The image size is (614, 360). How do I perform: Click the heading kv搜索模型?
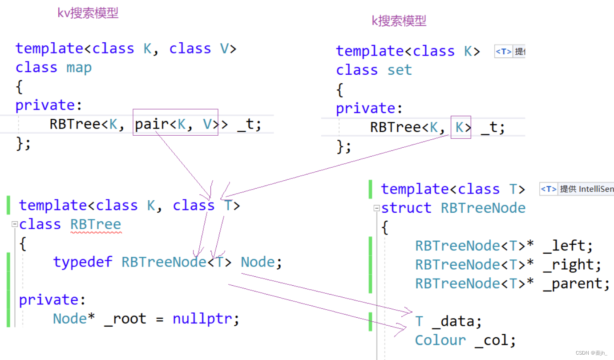click(x=88, y=13)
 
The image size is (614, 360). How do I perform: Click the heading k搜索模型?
click(x=399, y=21)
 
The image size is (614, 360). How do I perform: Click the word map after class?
click(x=79, y=68)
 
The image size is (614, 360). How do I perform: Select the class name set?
click(x=400, y=70)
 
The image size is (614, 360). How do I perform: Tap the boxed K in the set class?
click(x=460, y=128)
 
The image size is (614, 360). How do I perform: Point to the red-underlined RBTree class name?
click(x=96, y=224)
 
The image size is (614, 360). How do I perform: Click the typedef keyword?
click(x=83, y=262)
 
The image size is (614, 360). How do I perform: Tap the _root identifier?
click(x=125, y=319)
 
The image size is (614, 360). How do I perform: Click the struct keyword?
click(x=406, y=208)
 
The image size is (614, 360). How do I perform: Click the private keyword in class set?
click(x=365, y=109)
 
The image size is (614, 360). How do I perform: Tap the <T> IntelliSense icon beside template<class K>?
click(x=504, y=52)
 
